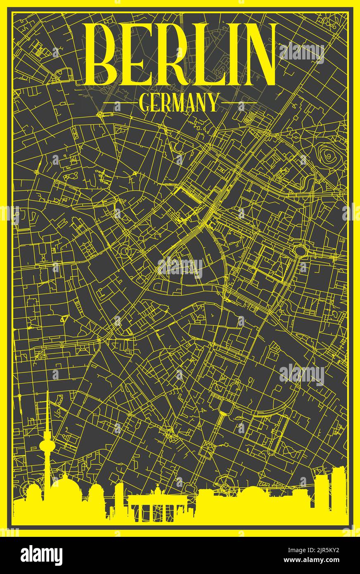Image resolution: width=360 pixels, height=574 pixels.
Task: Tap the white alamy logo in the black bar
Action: click(41, 555)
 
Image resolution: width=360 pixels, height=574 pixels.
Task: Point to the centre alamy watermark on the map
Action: click(180, 268)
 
